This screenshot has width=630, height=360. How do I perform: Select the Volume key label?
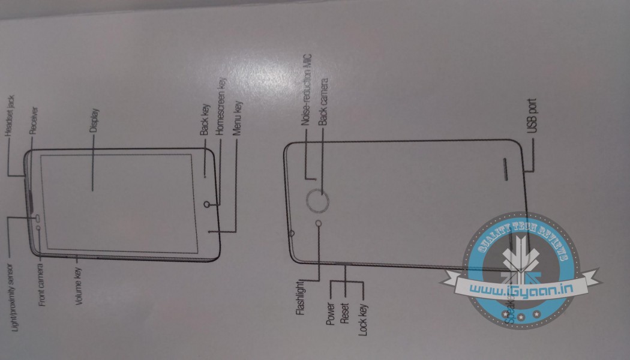(x=79, y=287)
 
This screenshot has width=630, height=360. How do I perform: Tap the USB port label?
(x=532, y=116)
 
